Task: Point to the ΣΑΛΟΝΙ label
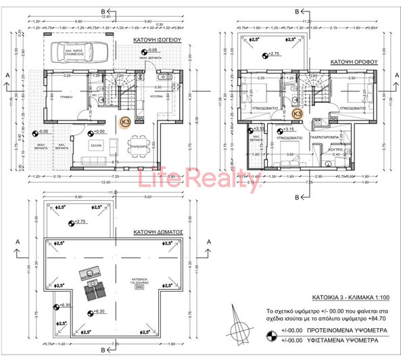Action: point(97,143)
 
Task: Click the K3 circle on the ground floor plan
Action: point(125,122)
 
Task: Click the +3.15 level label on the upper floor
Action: point(287,129)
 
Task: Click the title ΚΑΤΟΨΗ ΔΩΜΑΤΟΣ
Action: point(159,231)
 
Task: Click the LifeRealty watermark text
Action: point(199,181)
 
